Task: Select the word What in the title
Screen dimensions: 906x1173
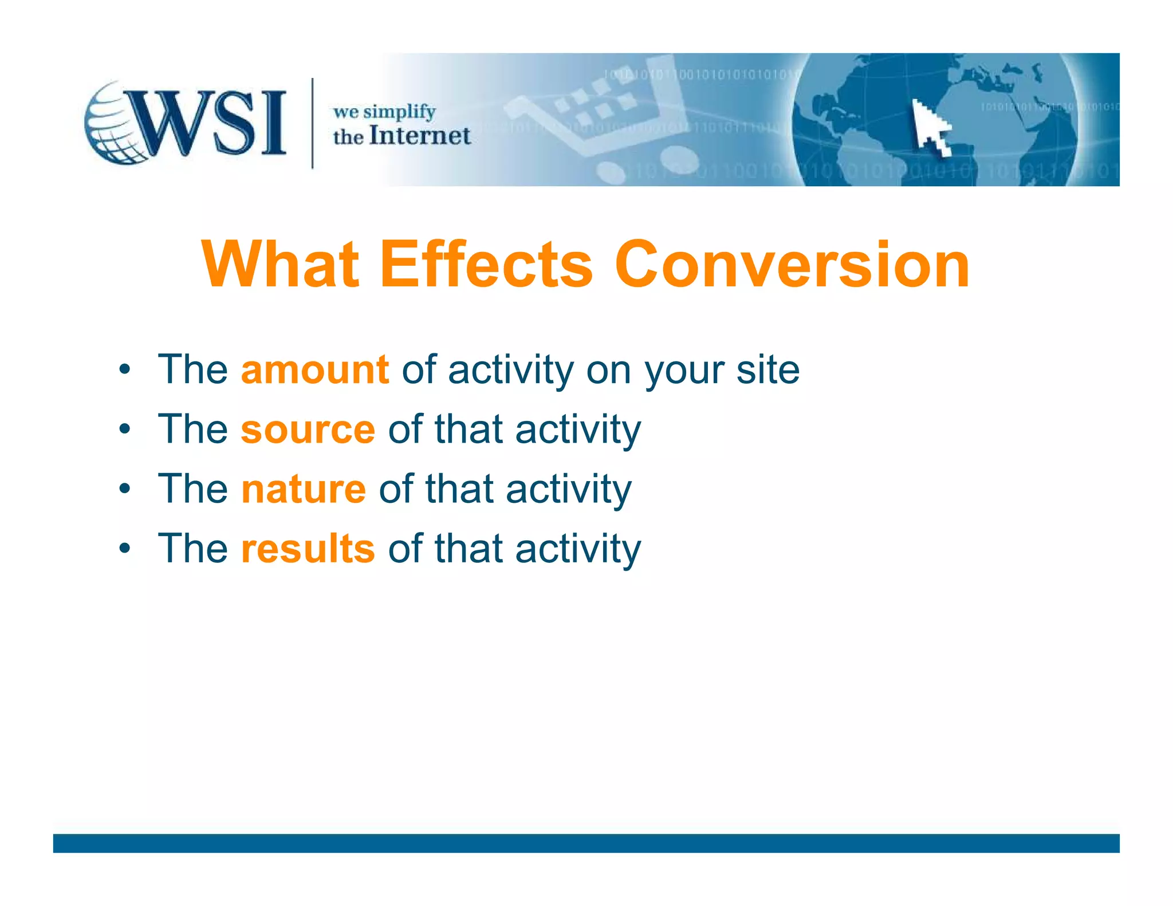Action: (x=280, y=265)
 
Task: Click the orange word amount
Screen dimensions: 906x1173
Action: (x=315, y=370)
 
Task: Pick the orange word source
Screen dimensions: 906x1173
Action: (x=308, y=430)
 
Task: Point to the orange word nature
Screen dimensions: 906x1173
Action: (x=303, y=489)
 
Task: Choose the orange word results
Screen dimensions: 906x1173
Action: (x=308, y=549)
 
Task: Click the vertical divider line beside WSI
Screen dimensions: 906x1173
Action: (x=312, y=123)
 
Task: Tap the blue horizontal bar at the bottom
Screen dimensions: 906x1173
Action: (x=586, y=843)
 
